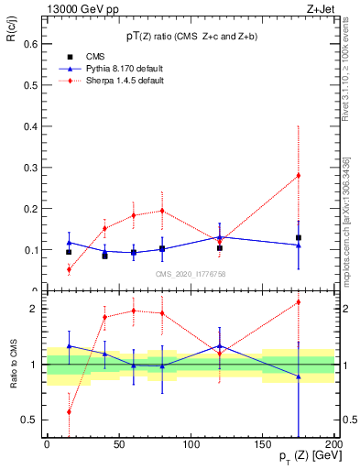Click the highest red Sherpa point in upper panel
pos(298,175)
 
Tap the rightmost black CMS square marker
pos(298,238)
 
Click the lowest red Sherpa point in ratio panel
pos(69,412)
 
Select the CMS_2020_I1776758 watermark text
pos(191,273)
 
